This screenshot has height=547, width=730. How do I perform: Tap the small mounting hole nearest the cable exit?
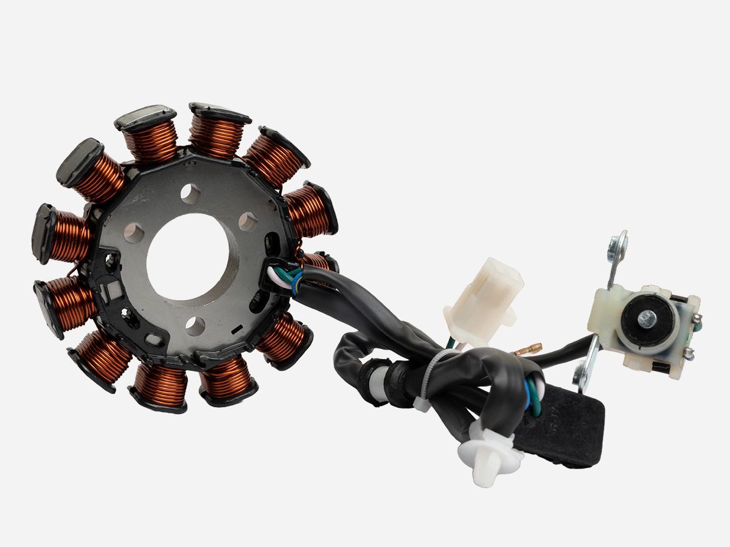point(248,222)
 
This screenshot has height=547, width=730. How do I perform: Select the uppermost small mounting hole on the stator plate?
point(190,194)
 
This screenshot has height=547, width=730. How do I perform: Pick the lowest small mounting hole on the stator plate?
point(195,326)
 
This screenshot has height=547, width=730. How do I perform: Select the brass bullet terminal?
point(528,349)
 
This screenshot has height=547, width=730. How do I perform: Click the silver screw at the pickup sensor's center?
point(647,317)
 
